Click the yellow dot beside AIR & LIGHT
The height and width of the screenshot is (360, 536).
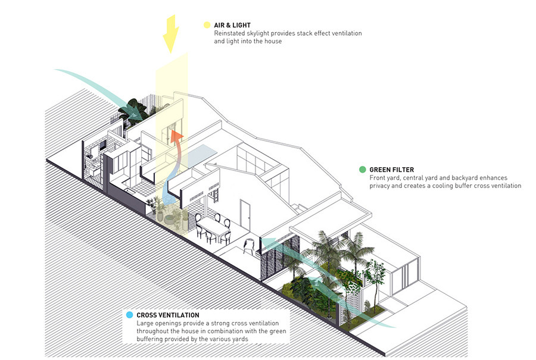pyautogui.click(x=207, y=26)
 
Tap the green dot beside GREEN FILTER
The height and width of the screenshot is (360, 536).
pyautogui.click(x=362, y=170)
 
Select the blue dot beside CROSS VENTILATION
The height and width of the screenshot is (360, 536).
pyautogui.click(x=129, y=315)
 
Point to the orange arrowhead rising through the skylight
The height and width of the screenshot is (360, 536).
pyautogui.click(x=176, y=136)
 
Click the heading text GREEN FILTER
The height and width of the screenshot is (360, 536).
pyautogui.click(x=392, y=170)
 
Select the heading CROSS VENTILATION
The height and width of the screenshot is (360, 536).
pyautogui.click(x=168, y=315)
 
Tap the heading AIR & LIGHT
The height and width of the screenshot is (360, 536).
pyautogui.click(x=233, y=26)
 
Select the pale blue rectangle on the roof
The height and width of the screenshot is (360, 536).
pyautogui.click(x=205, y=151)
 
